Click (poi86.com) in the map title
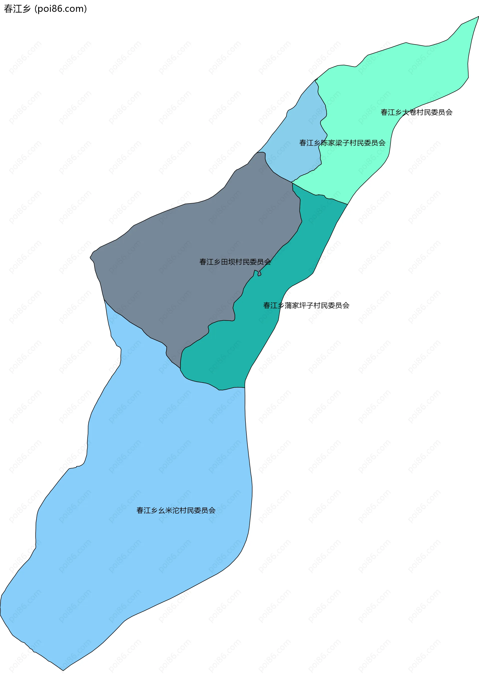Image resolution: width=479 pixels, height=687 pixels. point(61,9)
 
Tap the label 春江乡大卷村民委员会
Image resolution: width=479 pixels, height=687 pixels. point(416,112)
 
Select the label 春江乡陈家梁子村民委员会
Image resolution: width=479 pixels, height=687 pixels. point(342,143)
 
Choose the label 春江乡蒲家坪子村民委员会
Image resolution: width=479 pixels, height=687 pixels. point(306,306)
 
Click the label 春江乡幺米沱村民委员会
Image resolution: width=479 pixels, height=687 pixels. point(176,510)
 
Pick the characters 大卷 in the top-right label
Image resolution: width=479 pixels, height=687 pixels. point(409,112)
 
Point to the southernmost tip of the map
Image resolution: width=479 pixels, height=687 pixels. point(63,670)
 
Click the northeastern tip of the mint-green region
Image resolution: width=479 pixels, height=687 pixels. point(478,17)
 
